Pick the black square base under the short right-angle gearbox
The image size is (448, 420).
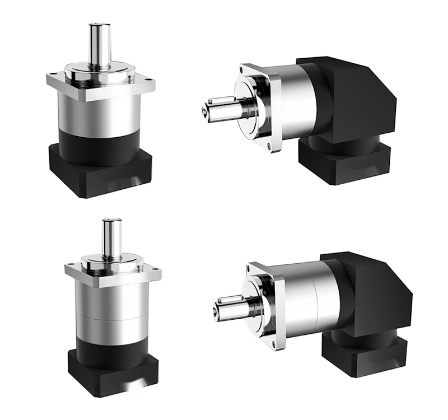click(342, 162)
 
